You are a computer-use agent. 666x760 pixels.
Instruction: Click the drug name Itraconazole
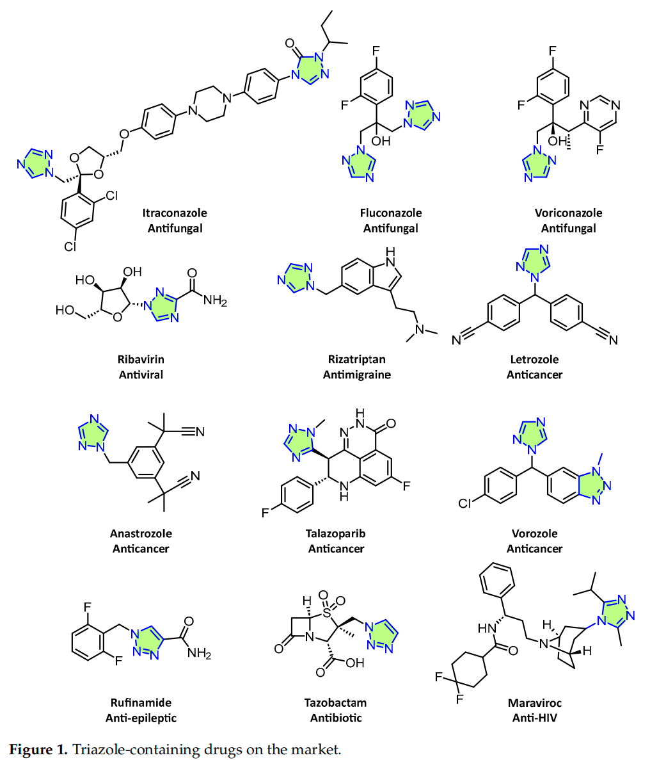coord(175,213)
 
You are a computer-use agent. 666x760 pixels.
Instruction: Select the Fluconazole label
coord(390,213)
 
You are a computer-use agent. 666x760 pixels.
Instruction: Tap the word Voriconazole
coord(568,213)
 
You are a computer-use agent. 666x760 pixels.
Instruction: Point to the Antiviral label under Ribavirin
coord(141,375)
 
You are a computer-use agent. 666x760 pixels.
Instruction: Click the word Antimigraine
coord(356,375)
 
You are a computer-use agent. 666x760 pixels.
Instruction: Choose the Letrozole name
coord(534,359)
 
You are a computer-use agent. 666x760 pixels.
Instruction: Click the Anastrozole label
coord(141,533)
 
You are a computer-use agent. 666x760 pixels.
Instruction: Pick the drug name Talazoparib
coord(336,533)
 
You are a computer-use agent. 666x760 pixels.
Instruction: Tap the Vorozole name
coord(534,533)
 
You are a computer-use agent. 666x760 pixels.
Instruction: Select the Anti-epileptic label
coord(141,718)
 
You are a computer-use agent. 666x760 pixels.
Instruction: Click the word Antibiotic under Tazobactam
coord(336,718)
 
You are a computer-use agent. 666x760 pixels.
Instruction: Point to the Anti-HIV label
coord(534,718)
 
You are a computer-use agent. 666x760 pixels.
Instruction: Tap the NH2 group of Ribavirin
coord(215,301)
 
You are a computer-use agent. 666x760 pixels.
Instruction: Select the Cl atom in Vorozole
coord(466,503)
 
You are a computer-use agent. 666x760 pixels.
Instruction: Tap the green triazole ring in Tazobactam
coord(382,633)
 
